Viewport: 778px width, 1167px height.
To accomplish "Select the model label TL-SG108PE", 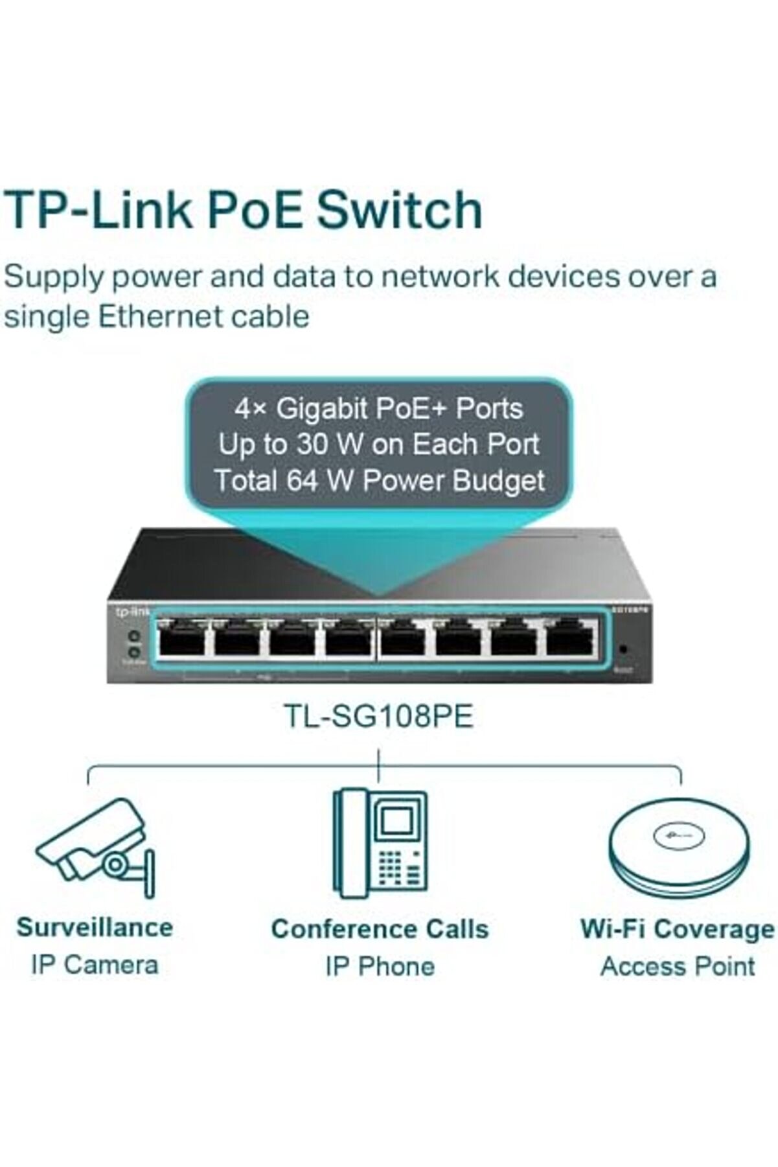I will (379, 717).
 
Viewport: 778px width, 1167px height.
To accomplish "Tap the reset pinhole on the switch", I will (623, 649).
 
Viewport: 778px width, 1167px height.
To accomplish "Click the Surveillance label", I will (95, 927).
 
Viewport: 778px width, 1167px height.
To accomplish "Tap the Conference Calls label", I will (380, 929).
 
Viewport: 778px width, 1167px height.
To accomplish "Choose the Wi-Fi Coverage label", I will (678, 929).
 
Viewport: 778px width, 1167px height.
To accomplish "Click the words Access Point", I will (678, 966).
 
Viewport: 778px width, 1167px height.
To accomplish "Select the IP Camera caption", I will (95, 965).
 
